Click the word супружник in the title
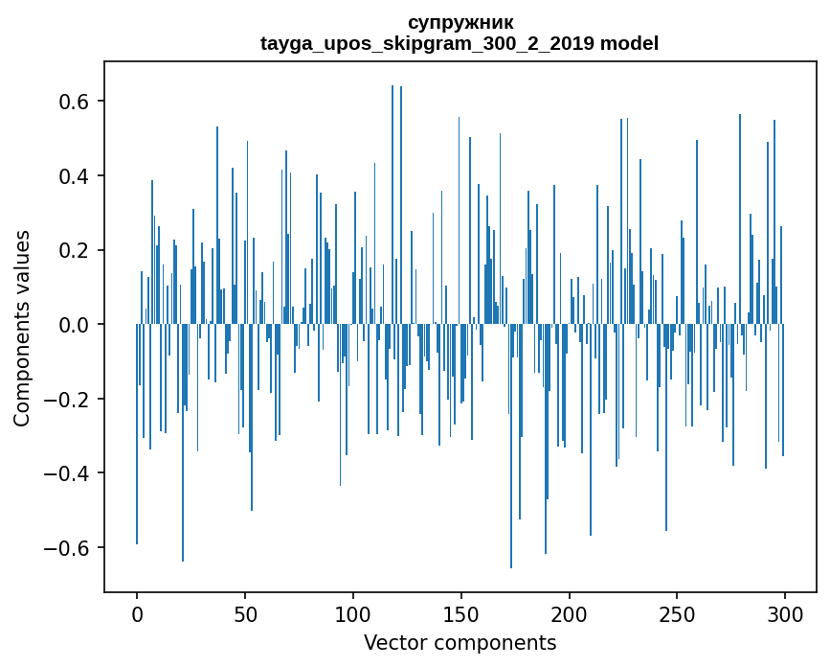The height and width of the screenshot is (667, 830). tap(460, 23)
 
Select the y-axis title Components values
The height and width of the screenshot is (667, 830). tap(22, 328)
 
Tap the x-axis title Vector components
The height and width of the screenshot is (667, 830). tap(460, 642)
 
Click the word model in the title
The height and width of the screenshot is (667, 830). tap(629, 44)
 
